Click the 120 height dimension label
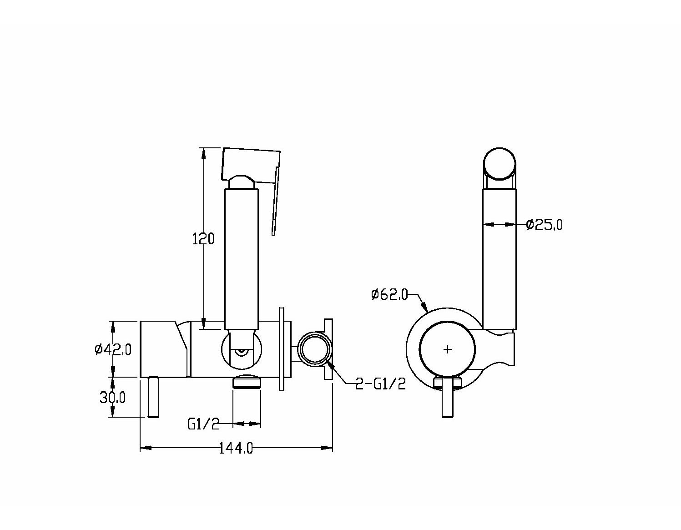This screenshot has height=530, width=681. pyautogui.click(x=203, y=239)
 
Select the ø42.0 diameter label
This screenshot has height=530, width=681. pyautogui.click(x=113, y=349)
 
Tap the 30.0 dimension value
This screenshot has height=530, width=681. pyautogui.click(x=112, y=398)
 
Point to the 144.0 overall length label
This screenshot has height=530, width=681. pyautogui.click(x=236, y=448)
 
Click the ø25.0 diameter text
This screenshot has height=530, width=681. pyautogui.click(x=545, y=225)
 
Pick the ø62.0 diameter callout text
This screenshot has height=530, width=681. pyautogui.click(x=389, y=294)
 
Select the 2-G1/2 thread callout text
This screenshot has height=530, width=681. pyautogui.click(x=380, y=384)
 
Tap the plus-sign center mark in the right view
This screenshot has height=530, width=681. pyautogui.click(x=448, y=349)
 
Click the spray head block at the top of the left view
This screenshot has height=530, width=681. pyautogui.click(x=251, y=166)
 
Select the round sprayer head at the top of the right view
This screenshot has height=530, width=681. pyautogui.click(x=499, y=164)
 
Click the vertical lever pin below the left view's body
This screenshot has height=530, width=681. pyautogui.click(x=153, y=397)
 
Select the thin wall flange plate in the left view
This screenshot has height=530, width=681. pyautogui.click(x=282, y=349)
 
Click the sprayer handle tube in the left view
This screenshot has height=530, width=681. pyautogui.click(x=241, y=259)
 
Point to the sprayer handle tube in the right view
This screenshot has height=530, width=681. pyautogui.click(x=499, y=259)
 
